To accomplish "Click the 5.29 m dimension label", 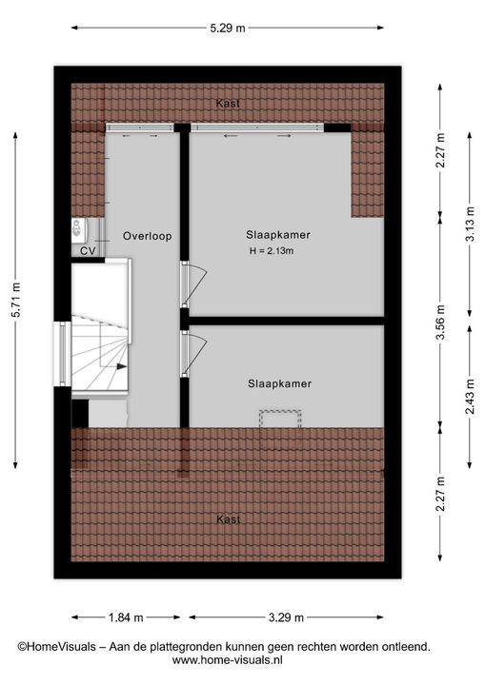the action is tap(228, 29).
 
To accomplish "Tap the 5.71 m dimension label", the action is tap(16, 300).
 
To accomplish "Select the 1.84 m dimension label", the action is tap(126, 617).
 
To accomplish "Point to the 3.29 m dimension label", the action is tap(286, 617).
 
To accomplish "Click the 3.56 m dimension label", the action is tap(440, 322).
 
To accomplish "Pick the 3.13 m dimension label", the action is tap(470, 224).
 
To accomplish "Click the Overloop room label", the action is tap(147, 236).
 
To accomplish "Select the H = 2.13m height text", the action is tap(272, 251).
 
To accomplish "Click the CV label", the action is tap(88, 251).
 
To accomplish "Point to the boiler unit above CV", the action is tap(79, 229).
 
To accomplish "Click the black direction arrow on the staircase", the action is tap(121, 367).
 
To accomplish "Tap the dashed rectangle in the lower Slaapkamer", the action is tap(280, 419).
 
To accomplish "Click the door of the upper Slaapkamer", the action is tap(193, 284).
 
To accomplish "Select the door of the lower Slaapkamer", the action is tap(193, 353).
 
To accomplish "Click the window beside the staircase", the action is tap(63, 354).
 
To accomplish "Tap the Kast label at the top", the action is tap(228, 104).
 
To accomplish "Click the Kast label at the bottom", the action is tap(229, 519).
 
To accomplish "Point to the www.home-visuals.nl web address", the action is tap(227, 659).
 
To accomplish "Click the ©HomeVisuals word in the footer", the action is tap(56, 647).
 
